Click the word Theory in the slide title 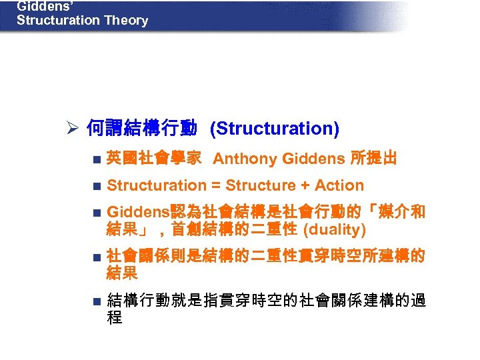(x=126, y=20)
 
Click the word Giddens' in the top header (x=39, y=6)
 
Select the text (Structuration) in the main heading (x=274, y=128)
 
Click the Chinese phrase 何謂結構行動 (x=141, y=128)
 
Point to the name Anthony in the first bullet (x=245, y=159)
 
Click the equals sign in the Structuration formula (x=215, y=185)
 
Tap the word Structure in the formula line (x=261, y=185)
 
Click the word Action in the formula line (x=339, y=185)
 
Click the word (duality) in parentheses (x=334, y=230)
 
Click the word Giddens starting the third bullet (x=136, y=212)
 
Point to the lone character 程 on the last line (x=114, y=318)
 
